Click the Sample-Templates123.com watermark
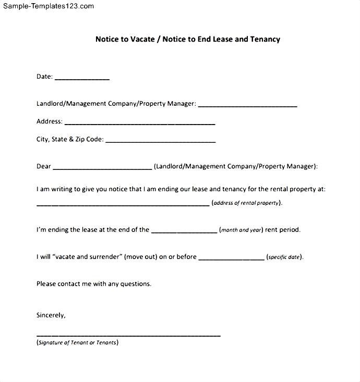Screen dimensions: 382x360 click(x=47, y=6)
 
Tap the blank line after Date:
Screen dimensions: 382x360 click(x=82, y=79)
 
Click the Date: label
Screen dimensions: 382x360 click(x=44, y=77)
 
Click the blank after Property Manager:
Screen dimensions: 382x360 click(x=247, y=106)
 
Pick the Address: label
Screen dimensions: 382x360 click(x=50, y=121)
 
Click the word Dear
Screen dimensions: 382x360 click(x=44, y=166)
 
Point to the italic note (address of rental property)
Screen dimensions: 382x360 click(x=247, y=203)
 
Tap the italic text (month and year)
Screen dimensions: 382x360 click(x=241, y=230)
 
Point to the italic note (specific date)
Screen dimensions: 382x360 click(x=285, y=257)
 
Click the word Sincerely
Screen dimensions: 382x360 click(x=51, y=315)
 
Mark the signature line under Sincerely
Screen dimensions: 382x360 click(x=128, y=336)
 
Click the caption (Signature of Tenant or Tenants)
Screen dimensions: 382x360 click(x=77, y=342)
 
